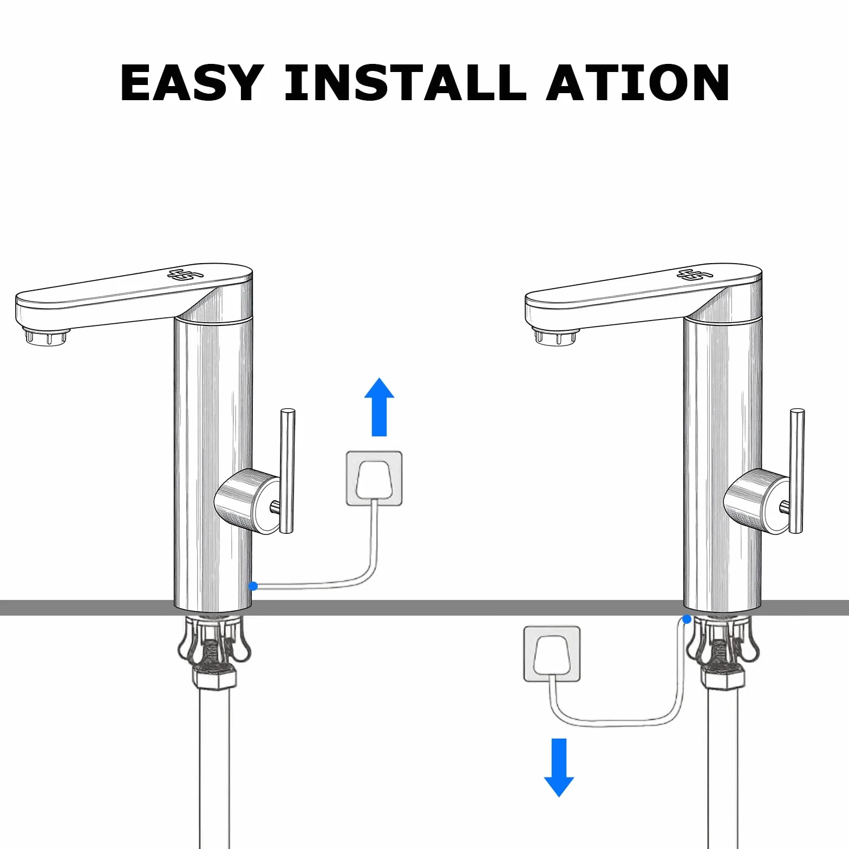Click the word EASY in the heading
point(192,82)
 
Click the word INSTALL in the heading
point(406,82)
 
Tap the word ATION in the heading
point(637,82)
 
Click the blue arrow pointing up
point(379,407)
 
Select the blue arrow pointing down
point(559,767)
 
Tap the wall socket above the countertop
point(374,479)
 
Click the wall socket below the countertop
point(552,654)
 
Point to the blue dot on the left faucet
point(253,586)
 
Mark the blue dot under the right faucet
point(687,619)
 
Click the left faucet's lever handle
point(287,471)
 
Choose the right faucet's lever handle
point(796,471)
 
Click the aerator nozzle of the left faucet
point(47,337)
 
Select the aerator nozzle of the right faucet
point(557,337)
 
